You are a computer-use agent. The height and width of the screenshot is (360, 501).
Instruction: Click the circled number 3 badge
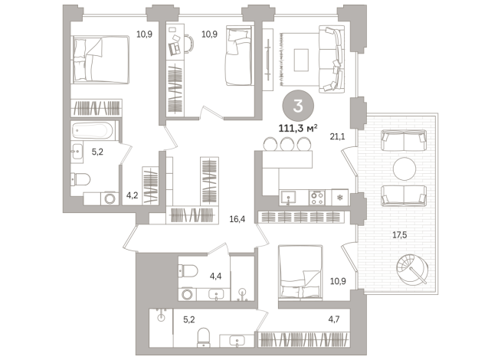298,106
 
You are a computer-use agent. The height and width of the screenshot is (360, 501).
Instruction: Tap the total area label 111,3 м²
298,129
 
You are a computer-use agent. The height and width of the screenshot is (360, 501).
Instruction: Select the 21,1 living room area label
337,136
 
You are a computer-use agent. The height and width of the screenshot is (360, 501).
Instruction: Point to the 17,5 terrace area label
399,235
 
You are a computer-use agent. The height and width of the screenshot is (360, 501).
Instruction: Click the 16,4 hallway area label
237,219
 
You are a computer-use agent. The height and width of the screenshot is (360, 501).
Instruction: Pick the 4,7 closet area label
334,319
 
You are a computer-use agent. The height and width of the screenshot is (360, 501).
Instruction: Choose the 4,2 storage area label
132,195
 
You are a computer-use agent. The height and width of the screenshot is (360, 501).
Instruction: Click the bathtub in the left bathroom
93,130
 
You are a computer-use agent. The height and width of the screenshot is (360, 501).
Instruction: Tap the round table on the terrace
404,169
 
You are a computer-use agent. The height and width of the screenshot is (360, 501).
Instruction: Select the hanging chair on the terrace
411,270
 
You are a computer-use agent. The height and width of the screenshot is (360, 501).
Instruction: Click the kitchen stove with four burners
317,197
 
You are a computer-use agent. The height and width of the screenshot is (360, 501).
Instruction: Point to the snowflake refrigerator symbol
339,198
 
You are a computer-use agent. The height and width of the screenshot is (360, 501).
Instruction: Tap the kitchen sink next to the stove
288,198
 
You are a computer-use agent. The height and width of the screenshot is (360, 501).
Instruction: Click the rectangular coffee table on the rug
301,60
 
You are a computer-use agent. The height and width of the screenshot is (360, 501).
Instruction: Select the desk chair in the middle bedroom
188,44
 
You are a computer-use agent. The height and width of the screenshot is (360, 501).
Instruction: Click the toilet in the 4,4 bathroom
188,271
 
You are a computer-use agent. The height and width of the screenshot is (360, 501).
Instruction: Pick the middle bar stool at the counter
287,144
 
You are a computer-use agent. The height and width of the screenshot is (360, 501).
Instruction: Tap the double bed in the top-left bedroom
100,60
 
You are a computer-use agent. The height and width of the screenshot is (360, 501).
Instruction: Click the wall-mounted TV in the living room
268,60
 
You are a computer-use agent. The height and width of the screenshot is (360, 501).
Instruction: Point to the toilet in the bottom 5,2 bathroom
204,337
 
